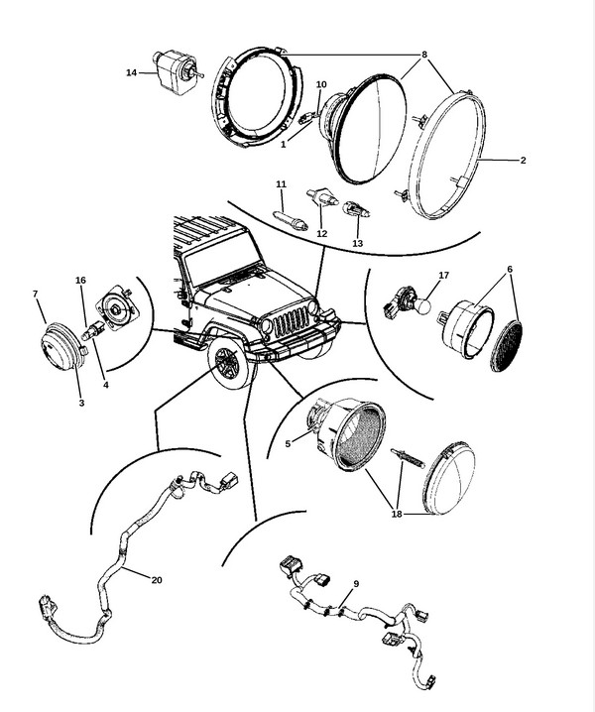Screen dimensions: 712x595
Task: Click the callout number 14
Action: point(131,71)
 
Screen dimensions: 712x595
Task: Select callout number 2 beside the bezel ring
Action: point(523,160)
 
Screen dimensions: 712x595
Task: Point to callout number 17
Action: point(443,275)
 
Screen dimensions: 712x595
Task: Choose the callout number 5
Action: point(289,444)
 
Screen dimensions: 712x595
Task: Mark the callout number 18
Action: point(397,513)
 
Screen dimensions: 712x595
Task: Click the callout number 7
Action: point(36,295)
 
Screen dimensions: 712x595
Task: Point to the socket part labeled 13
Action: point(356,211)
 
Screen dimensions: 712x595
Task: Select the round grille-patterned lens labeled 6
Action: point(507,345)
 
